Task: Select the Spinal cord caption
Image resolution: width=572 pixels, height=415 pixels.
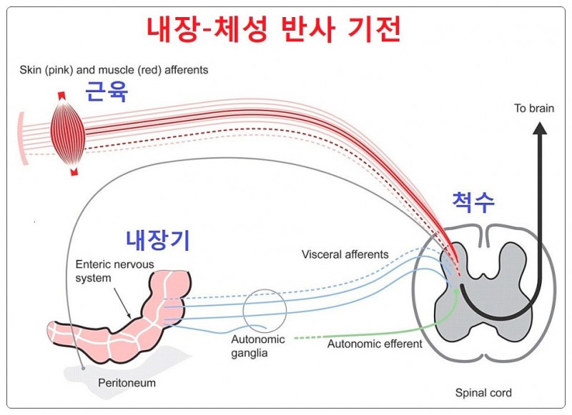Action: pos(483,393)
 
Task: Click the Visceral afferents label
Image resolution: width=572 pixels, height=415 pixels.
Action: pos(345,254)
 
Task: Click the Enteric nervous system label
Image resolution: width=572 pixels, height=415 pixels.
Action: pos(104,271)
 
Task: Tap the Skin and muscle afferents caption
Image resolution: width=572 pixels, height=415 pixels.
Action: pos(114,70)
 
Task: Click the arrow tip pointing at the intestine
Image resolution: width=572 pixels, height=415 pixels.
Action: pos(129,318)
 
